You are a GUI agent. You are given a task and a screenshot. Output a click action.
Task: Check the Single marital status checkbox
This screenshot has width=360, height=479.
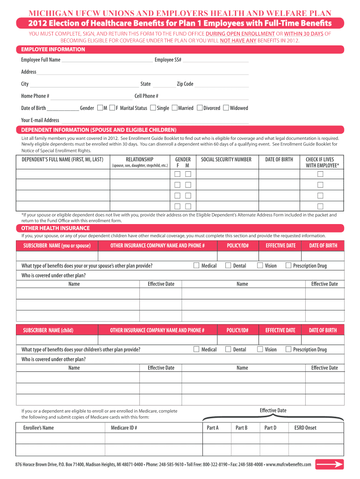pos(153,108)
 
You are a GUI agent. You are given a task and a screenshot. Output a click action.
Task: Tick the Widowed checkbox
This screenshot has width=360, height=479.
pos(226,108)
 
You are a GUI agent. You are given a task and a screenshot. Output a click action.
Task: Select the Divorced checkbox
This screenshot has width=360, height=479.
pos(200,108)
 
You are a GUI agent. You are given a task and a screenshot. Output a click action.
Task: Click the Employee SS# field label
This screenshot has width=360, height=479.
pos(168,60)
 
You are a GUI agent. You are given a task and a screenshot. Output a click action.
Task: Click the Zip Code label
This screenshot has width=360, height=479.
pos(185,84)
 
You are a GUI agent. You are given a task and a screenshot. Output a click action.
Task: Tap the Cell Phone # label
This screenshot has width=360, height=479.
pos(146,96)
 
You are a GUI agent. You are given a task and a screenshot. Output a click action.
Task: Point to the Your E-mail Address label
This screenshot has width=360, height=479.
pos(40,120)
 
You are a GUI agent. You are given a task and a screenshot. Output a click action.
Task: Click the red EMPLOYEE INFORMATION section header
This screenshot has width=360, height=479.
pos(53,50)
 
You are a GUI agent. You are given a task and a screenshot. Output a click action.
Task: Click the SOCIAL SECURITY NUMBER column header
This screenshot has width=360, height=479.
pos(226,160)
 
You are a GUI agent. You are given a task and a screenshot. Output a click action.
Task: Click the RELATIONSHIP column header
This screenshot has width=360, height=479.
pos(139,160)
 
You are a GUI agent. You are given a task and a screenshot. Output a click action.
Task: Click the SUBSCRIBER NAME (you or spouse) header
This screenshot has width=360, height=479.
pos(57,246)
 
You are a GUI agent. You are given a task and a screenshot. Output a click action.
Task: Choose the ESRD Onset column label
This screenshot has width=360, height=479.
pos(305,428)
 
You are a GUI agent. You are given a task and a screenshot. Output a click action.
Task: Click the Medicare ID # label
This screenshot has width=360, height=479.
pos(124,428)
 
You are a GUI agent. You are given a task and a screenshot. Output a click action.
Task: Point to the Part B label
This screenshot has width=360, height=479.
pos(241,428)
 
